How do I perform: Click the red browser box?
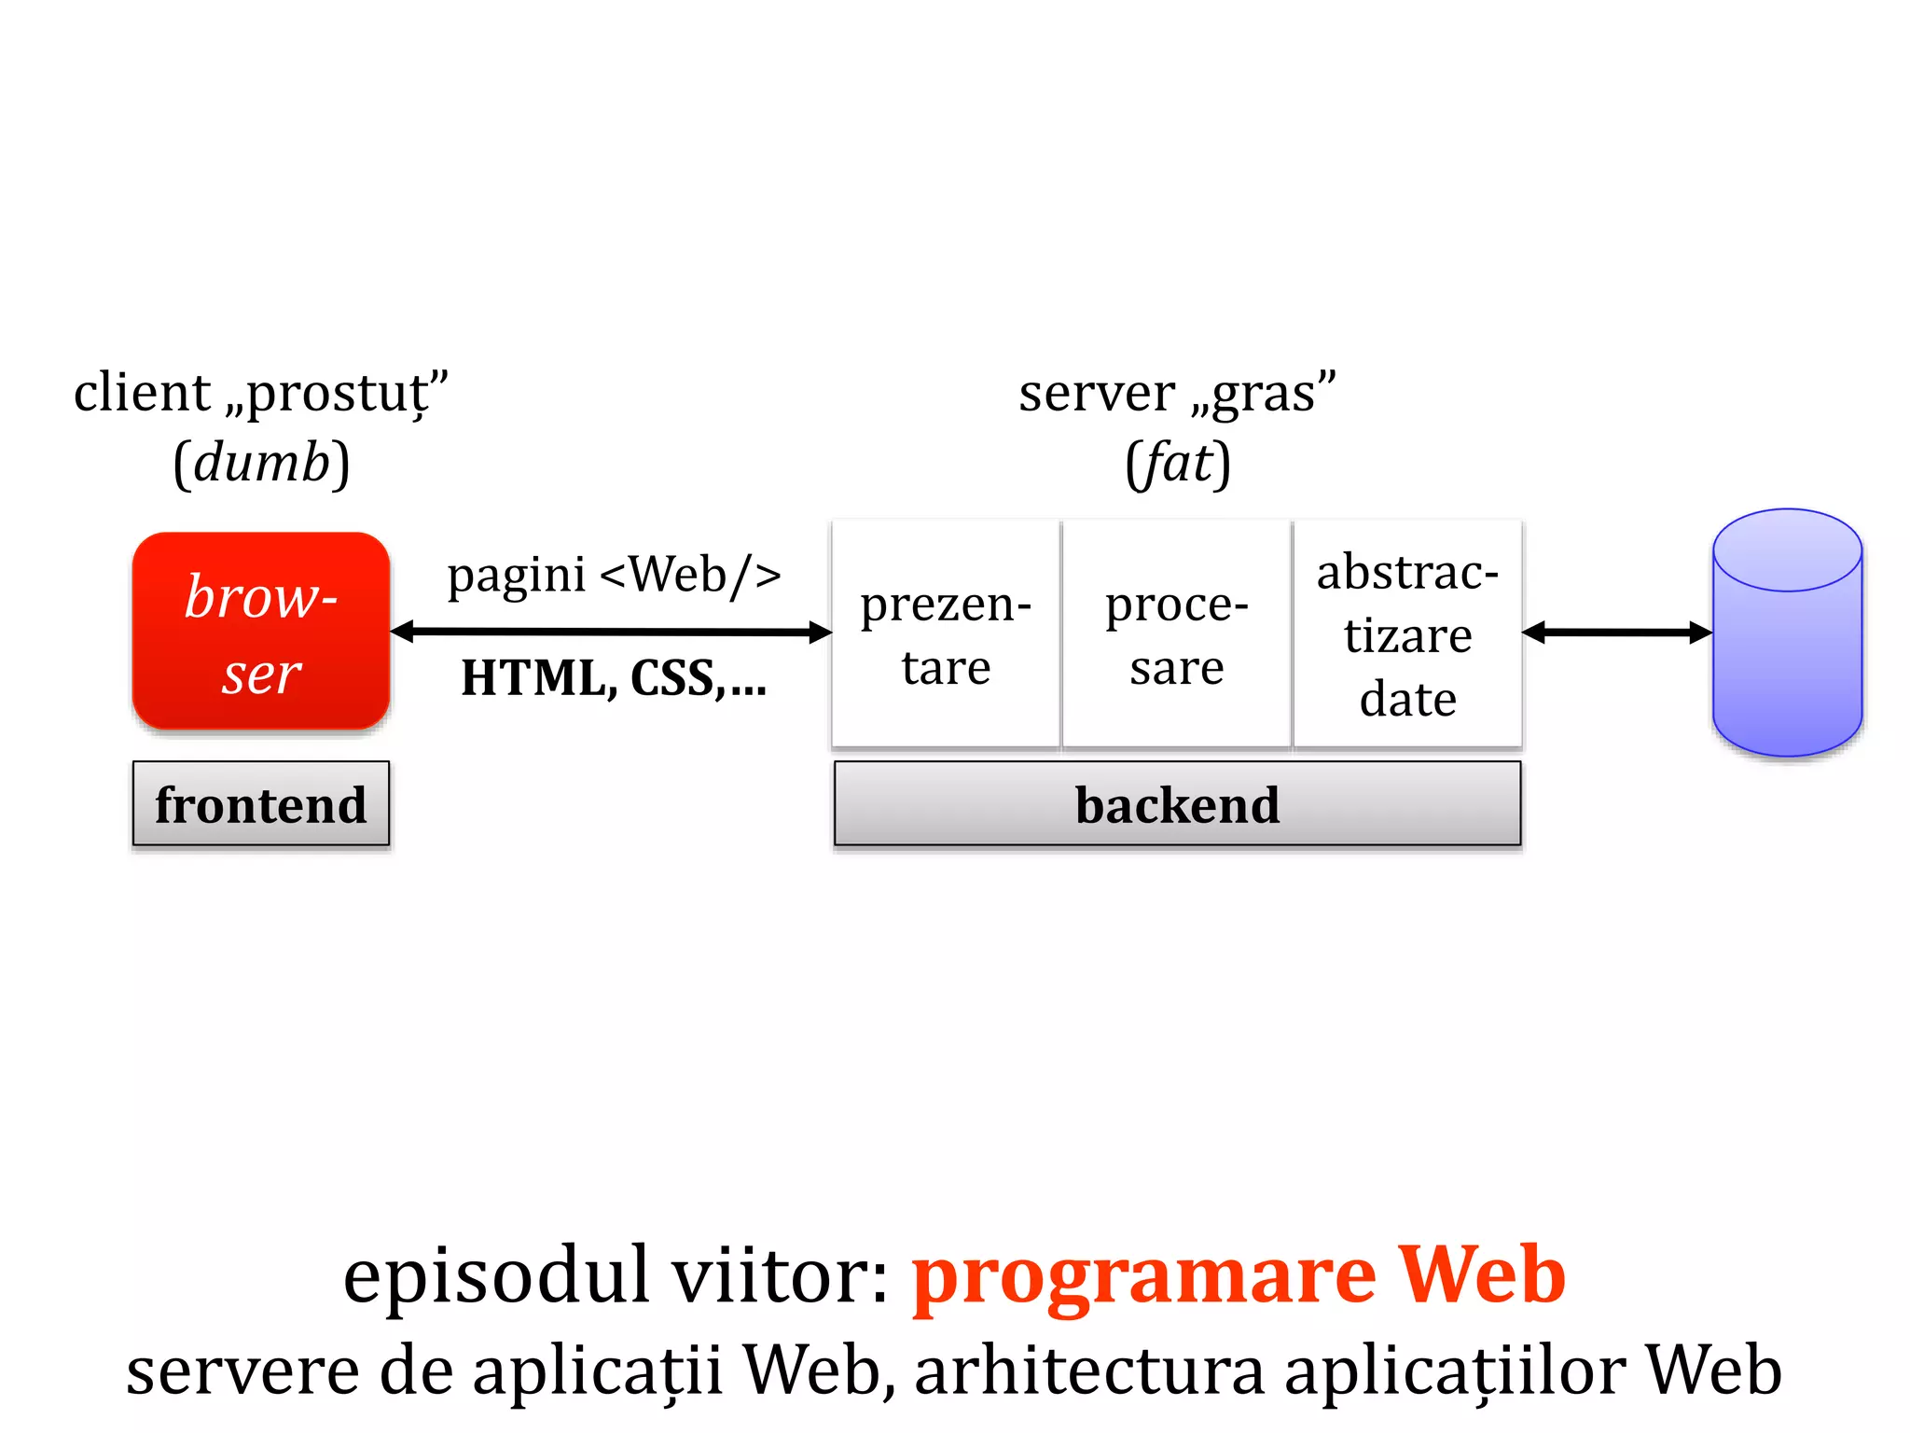point(261,631)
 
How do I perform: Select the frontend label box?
point(261,804)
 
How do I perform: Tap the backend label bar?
point(1177,804)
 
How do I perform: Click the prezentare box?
point(946,634)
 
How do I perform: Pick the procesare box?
point(1177,634)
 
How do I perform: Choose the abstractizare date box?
point(1407,634)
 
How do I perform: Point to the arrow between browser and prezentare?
point(611,633)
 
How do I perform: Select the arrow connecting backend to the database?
point(1617,633)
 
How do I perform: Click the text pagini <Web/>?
point(614,575)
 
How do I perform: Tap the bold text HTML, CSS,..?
point(614,678)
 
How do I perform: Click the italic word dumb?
point(262,463)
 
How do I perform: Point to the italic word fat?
point(1178,463)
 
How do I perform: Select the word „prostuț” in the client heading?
point(337,394)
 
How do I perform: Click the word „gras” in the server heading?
point(1263,394)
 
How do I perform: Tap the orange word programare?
point(1143,1275)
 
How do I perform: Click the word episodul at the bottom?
point(495,1275)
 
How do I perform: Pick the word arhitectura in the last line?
point(1089,1370)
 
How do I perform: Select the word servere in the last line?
point(242,1370)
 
